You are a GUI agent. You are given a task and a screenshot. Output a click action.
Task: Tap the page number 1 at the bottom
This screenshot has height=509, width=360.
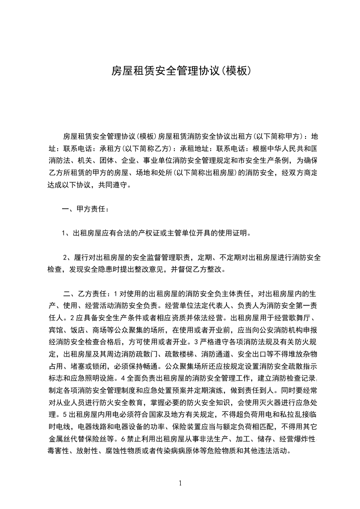[180, 483]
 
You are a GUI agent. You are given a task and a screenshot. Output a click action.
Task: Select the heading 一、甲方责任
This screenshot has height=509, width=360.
[85, 209]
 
